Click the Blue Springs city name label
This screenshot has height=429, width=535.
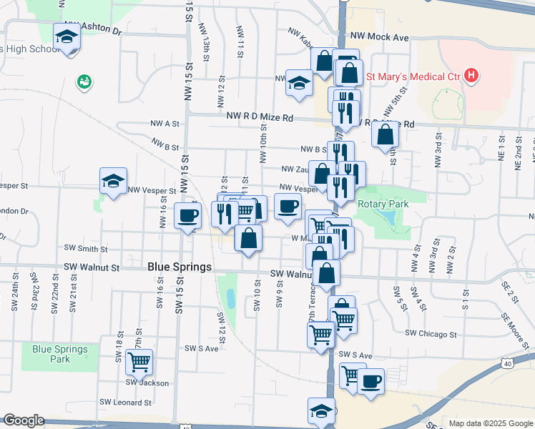pos(180,267)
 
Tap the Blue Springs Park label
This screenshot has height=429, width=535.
pos(60,354)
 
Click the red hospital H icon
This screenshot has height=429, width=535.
pos(471,75)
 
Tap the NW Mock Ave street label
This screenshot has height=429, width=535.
pos(379,36)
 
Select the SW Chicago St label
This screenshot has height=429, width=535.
pos(431,334)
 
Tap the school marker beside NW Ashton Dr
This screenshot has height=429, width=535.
pos(67,36)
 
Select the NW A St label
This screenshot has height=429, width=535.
pos(164,124)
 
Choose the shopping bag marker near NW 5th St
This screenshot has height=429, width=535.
pos(385,134)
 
